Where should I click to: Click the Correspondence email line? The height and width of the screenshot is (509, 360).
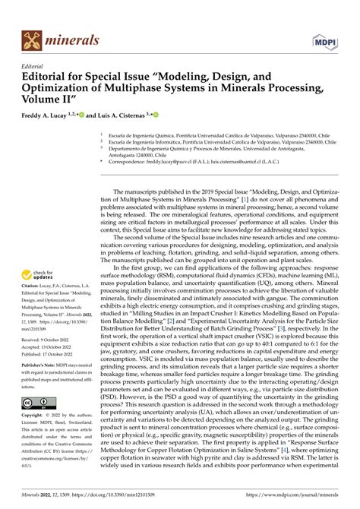(x=220, y=163)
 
